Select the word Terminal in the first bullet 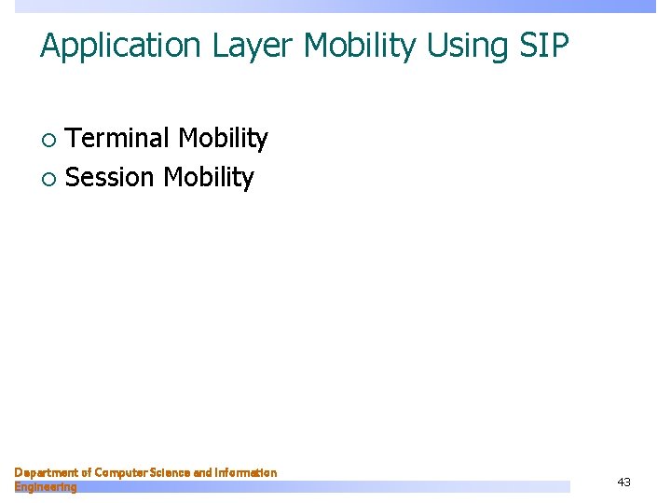click(x=118, y=139)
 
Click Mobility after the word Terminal click(x=223, y=139)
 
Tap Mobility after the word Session click(x=209, y=177)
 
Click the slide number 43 click(x=623, y=482)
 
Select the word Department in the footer click(x=46, y=473)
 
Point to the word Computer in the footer click(x=122, y=473)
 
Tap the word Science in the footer click(x=171, y=473)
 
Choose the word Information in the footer click(x=246, y=473)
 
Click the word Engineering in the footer click(x=46, y=487)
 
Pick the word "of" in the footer click(x=86, y=473)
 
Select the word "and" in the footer click(x=202, y=473)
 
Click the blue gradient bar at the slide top click(x=373, y=6)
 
